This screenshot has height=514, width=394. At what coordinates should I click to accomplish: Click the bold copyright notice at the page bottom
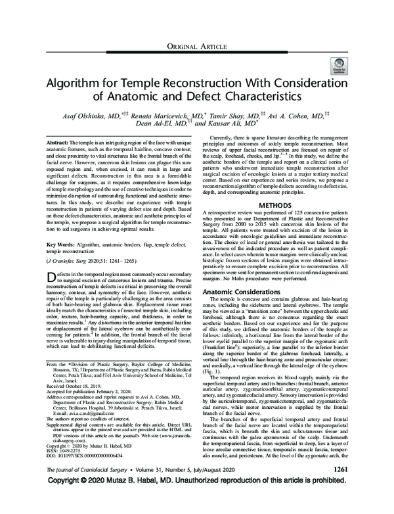coord(197,501)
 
